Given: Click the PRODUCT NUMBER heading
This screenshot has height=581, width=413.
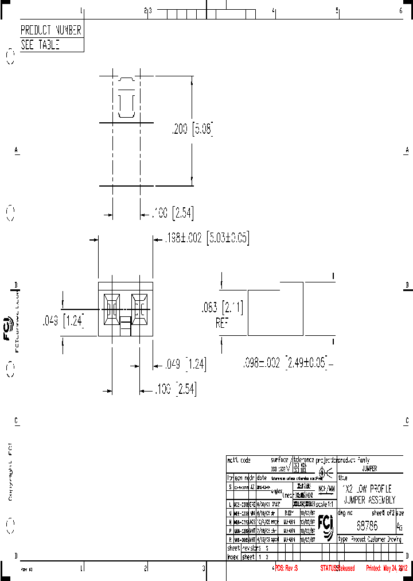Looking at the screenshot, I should pos(51,30).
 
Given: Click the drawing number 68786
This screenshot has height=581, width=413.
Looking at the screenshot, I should pos(367,525).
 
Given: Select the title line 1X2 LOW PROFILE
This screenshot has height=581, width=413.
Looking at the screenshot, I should pos(367,489).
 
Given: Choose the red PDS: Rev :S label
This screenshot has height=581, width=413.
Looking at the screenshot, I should pos(286,568).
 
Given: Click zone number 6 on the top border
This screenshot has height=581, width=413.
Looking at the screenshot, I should pos(400,10).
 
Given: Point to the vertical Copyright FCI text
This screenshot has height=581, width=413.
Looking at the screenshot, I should pos(10,471).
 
